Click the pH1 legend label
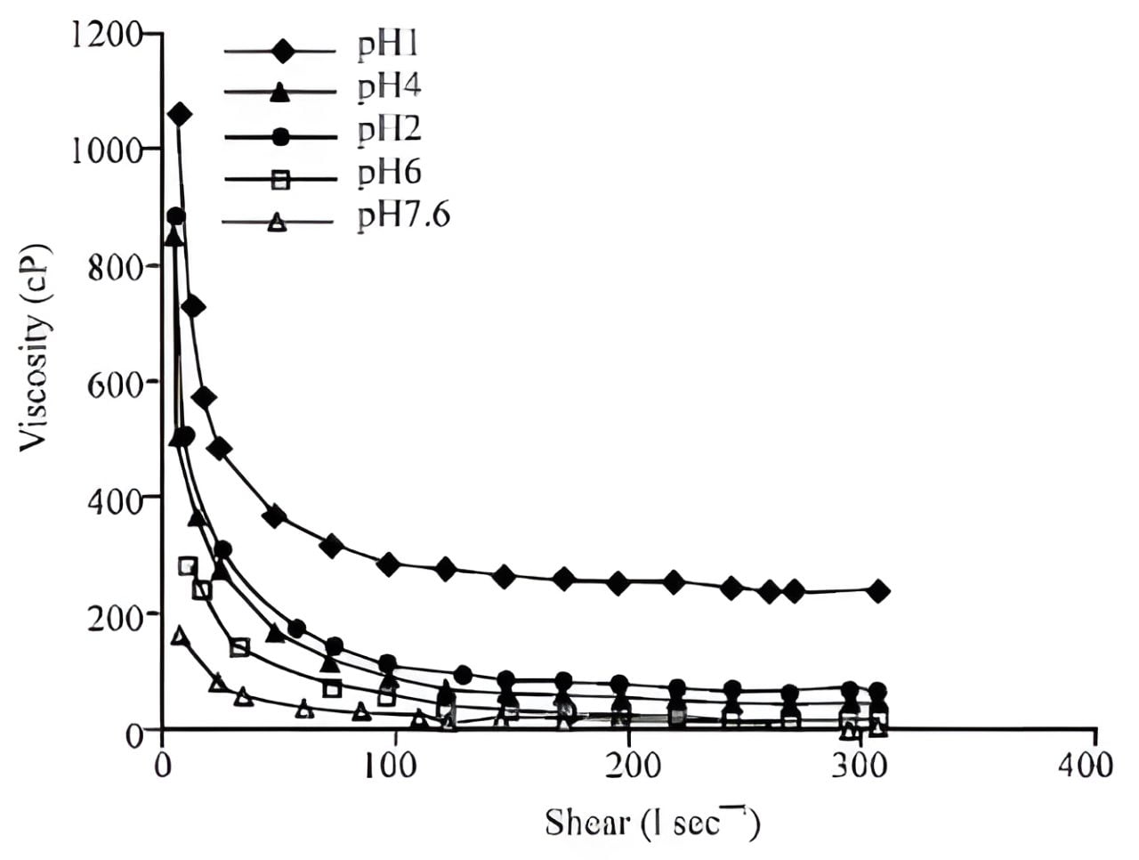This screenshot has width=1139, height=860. pos(388,45)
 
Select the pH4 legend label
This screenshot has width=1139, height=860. pos(389,87)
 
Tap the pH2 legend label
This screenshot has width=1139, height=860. pos(389,130)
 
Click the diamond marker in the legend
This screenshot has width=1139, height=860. pos(282,51)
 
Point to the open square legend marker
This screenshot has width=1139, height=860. pos(280,179)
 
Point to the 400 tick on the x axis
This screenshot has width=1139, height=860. pos(1094,765)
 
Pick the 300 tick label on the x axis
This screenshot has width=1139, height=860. pos(861,765)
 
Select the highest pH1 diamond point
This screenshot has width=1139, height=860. pos(180,114)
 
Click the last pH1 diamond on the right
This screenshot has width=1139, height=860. pos(879,590)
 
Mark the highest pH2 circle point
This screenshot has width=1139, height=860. pos(176,216)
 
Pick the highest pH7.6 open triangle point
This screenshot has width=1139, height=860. pos(180,636)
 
